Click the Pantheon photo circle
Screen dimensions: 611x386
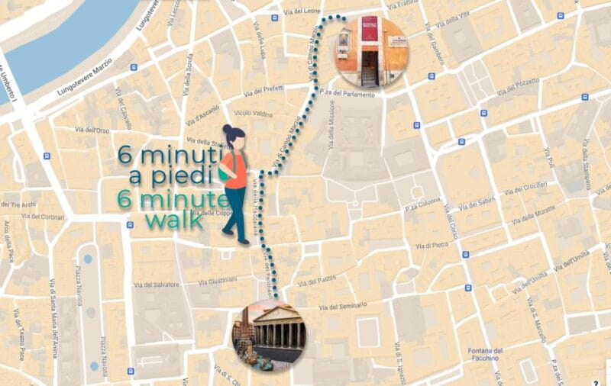pyautogui.click(x=269, y=334)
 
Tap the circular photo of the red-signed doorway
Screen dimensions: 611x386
pyautogui.click(x=371, y=51)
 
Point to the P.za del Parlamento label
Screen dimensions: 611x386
pyautogui.click(x=348, y=95)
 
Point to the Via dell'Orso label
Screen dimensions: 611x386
pyautogui.click(x=92, y=130)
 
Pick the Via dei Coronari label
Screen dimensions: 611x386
pyautogui.click(x=44, y=217)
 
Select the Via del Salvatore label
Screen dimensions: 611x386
pyautogui.click(x=156, y=285)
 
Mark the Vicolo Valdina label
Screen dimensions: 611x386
pyautogui.click(x=254, y=113)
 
